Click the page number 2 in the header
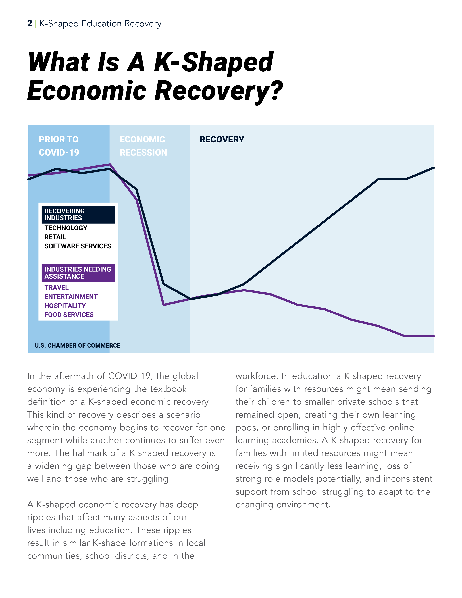30,24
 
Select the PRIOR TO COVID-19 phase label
59,146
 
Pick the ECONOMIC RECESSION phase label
143,146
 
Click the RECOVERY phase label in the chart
222,139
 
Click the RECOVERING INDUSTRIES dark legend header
78,214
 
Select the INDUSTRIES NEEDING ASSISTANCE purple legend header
78,273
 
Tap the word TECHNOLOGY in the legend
66,228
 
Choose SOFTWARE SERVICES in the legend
78,246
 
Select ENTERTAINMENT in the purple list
71,296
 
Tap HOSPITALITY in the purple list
65,305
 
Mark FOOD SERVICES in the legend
69,314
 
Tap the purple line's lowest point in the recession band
164,304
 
